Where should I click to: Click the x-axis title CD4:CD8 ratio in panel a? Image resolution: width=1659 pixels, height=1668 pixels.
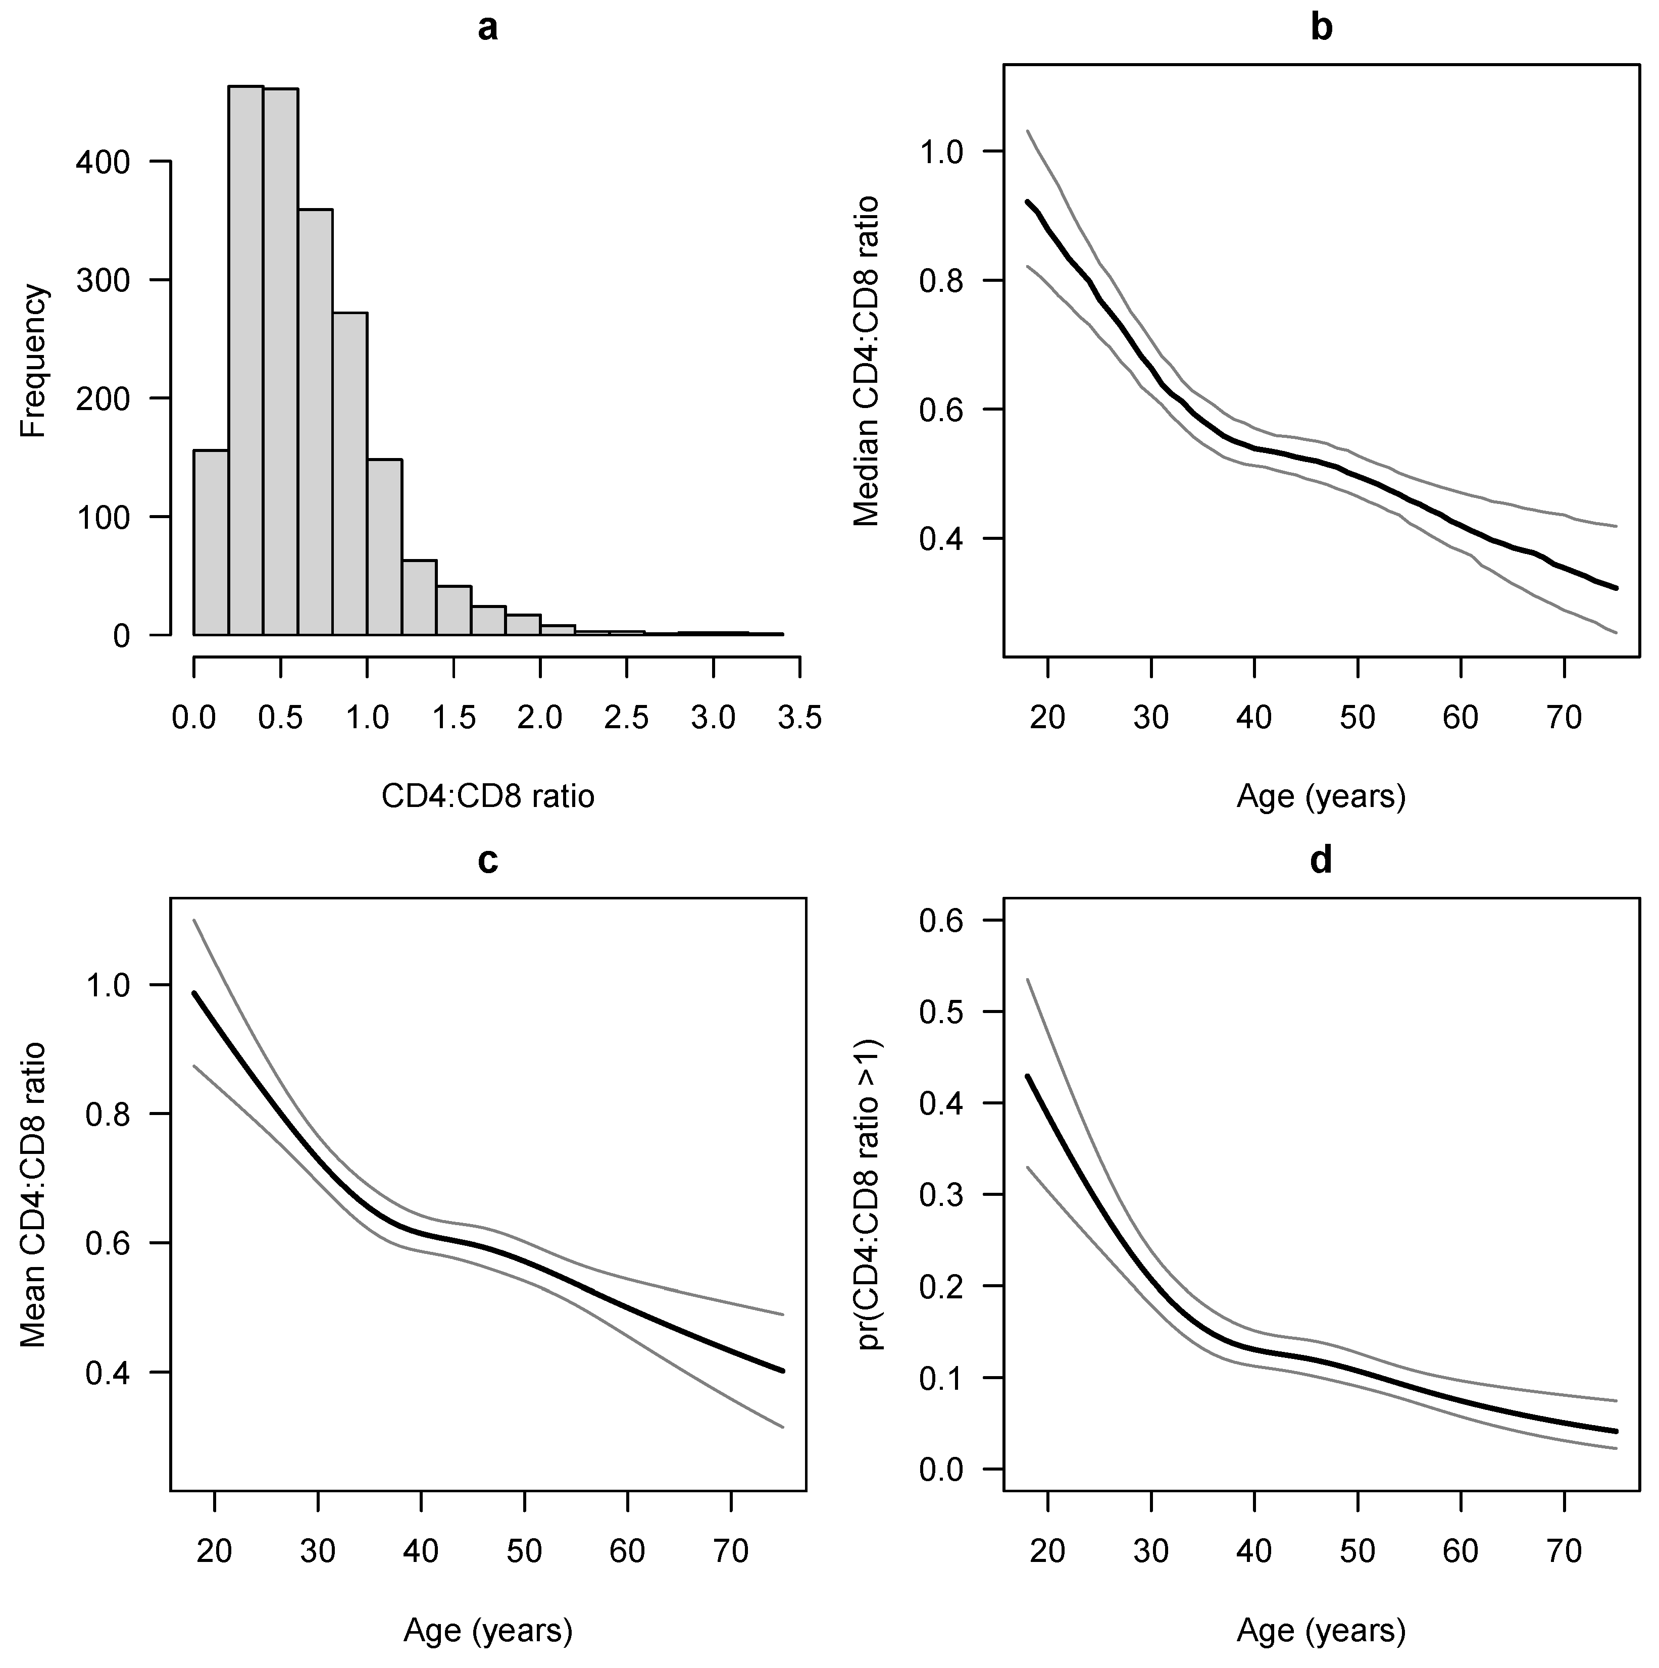pos(488,796)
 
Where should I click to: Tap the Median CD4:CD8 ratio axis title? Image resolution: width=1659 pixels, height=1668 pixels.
pos(866,361)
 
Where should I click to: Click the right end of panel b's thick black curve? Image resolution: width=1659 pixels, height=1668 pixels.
pos(1615,588)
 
